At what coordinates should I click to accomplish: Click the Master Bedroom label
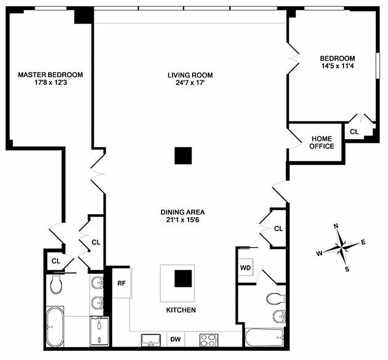(50, 75)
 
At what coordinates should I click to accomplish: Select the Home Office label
(322, 142)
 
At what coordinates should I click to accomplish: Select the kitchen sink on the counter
(151, 339)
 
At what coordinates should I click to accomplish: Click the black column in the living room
(183, 156)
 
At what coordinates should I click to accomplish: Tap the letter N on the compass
(336, 226)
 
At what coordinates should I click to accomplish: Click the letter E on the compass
(363, 243)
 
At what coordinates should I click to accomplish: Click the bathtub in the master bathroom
(55, 326)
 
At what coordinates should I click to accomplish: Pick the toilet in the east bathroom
(273, 298)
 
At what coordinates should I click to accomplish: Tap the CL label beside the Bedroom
(355, 132)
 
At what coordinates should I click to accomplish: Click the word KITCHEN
(181, 310)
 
